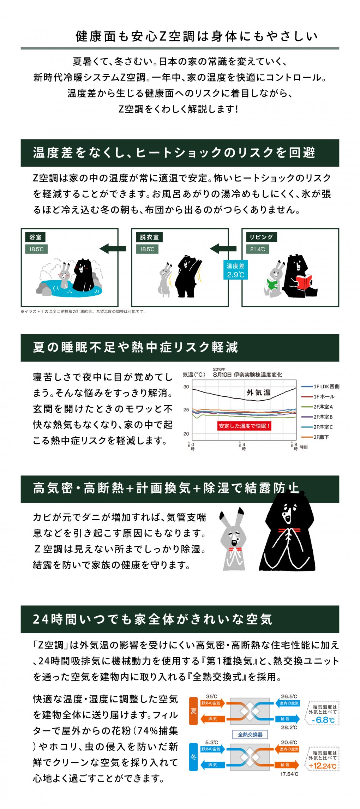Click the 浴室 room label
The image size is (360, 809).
(36, 237)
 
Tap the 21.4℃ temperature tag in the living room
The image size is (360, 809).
(257, 249)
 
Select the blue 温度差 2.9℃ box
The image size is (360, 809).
(235, 270)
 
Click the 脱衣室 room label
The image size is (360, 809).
(149, 237)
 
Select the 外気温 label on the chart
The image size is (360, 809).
(258, 392)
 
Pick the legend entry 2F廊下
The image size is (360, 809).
(321, 437)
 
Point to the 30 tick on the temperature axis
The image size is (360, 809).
(186, 387)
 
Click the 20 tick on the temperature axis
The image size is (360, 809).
(186, 434)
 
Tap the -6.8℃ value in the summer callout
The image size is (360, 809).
(323, 720)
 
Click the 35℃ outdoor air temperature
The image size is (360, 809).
(212, 696)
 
